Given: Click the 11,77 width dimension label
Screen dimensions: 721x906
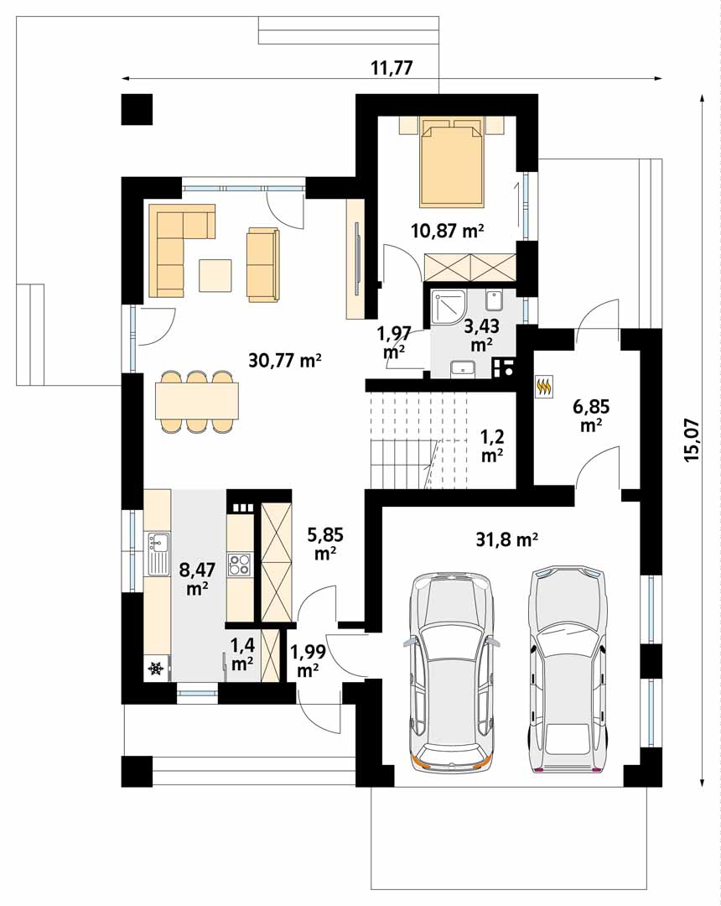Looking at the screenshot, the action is click(x=392, y=68).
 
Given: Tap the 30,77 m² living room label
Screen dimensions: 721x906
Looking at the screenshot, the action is click(x=285, y=361).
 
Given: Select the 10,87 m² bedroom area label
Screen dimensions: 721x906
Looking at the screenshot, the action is click(x=448, y=231).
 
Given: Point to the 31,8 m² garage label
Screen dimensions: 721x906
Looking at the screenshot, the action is click(x=507, y=539).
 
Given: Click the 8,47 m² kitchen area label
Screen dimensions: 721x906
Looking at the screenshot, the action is click(x=197, y=578).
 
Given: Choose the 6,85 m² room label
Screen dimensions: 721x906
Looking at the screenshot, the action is click(x=591, y=415).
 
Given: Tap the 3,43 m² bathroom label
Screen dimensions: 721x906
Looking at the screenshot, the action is click(x=481, y=334).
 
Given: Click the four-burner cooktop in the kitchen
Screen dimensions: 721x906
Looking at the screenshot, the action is click(x=240, y=565).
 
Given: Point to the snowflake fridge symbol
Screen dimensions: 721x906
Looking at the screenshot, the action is click(x=156, y=669).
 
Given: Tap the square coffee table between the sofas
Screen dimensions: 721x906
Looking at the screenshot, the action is click(x=215, y=276).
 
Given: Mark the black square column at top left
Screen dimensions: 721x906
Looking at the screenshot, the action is click(x=137, y=109).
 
